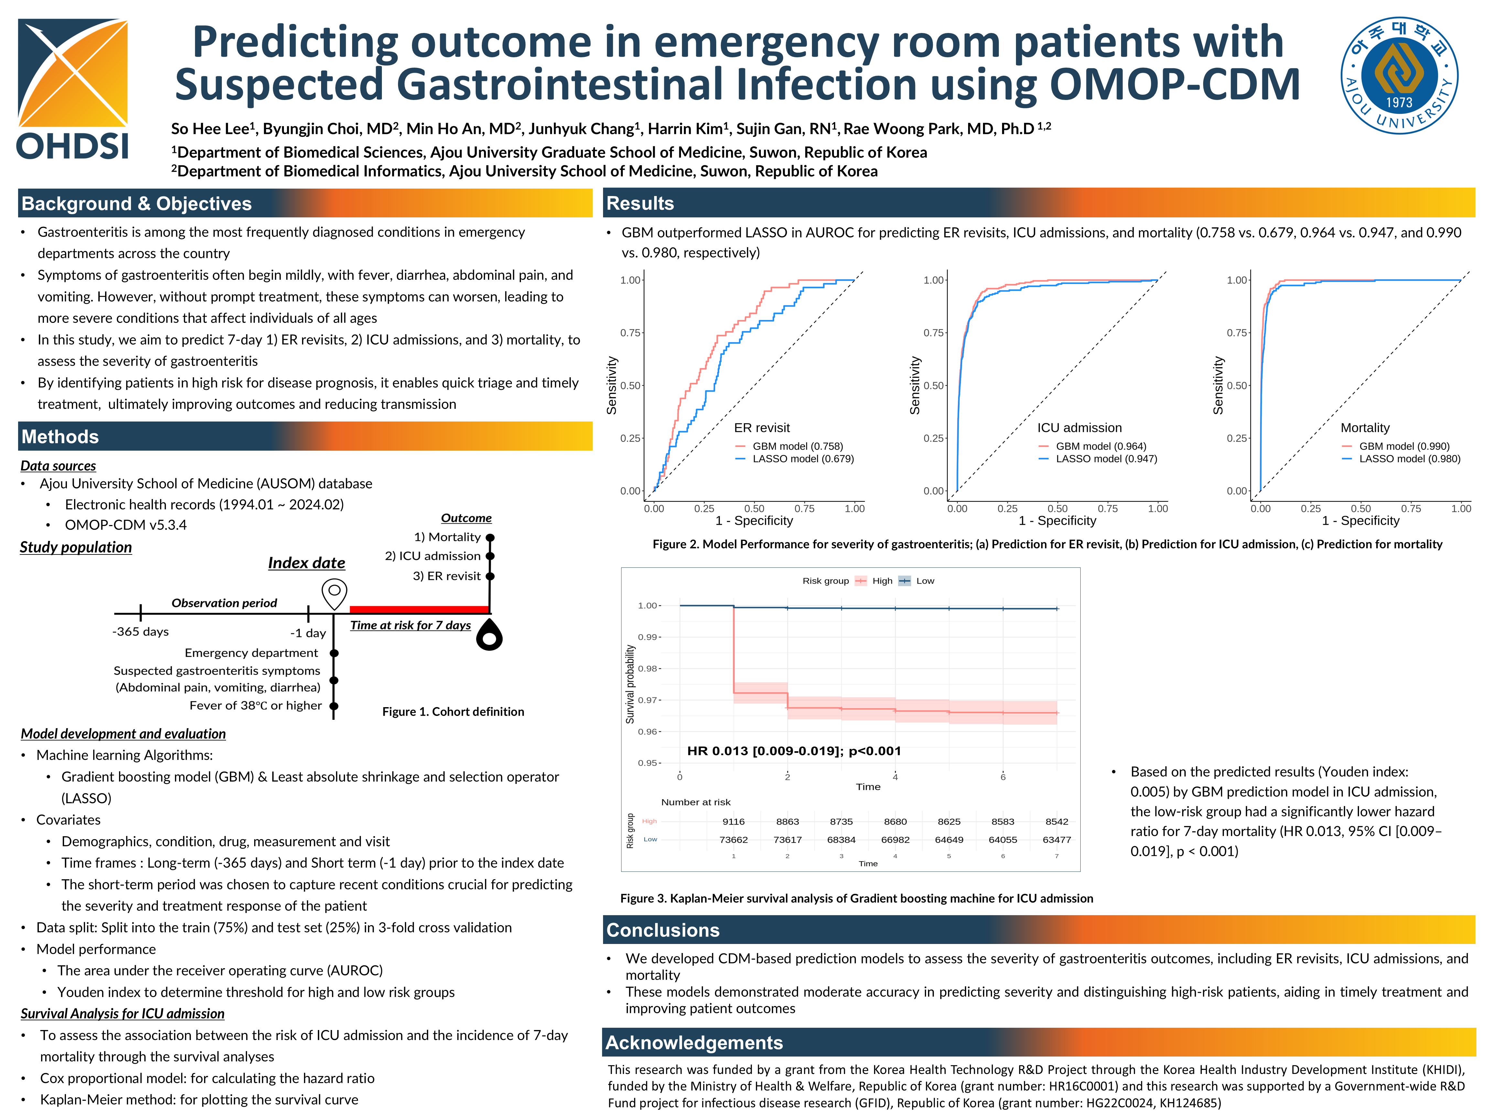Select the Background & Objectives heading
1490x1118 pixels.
pyautogui.click(x=137, y=203)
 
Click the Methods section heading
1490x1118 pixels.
pyautogui.click(x=60, y=437)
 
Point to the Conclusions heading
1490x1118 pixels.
pyautogui.click(x=663, y=930)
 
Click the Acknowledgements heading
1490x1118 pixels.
pyautogui.click(x=694, y=1043)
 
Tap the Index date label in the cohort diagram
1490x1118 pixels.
pyautogui.click(x=307, y=563)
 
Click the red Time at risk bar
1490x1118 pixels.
pyautogui.click(x=419, y=609)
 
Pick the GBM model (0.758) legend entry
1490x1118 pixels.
pyautogui.click(x=797, y=446)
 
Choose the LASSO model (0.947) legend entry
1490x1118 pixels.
pyautogui.click(x=1106, y=459)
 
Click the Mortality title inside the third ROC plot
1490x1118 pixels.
pyautogui.click(x=1365, y=428)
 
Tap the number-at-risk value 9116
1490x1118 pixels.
pyautogui.click(x=734, y=821)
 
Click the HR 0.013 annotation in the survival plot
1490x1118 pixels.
pyautogui.click(x=794, y=751)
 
